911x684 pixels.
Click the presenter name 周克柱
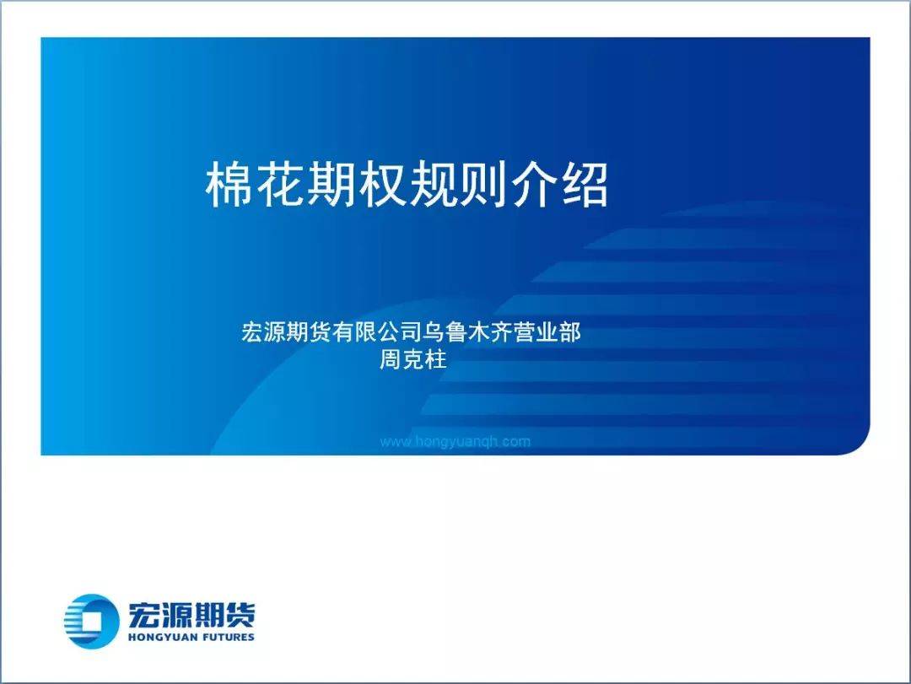point(413,358)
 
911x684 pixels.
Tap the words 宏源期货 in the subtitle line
point(287,331)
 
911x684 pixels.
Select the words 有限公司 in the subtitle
point(377,331)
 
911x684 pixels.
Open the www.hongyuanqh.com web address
point(455,441)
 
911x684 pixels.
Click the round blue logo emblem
point(91,621)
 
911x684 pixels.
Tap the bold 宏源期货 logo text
point(191,615)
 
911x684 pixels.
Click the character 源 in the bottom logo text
point(175,615)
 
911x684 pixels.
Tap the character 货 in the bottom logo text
point(240,615)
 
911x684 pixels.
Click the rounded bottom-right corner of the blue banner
point(861,446)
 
